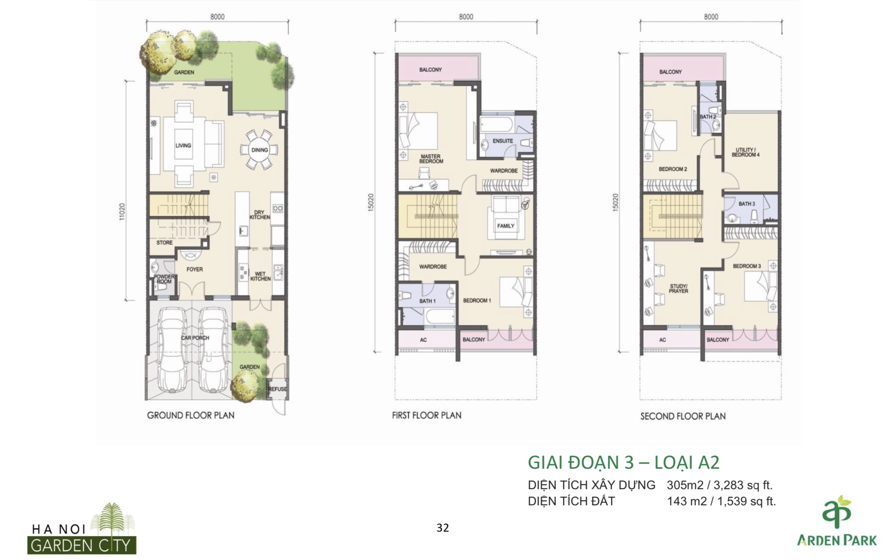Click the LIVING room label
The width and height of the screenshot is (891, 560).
(x=183, y=146)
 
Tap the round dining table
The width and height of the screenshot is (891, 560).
(x=260, y=150)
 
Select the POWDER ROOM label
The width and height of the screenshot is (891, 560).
(x=163, y=279)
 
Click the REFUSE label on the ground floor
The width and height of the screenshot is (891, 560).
(x=278, y=389)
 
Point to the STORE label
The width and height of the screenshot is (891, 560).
(x=164, y=243)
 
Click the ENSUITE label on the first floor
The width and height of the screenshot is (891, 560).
(x=503, y=141)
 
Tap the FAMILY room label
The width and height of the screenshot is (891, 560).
(x=505, y=226)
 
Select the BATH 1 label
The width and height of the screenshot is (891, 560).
(x=428, y=301)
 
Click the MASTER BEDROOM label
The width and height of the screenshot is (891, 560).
(x=431, y=159)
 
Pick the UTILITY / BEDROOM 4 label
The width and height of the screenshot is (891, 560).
(x=745, y=152)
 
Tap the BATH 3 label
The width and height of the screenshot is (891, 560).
(x=747, y=204)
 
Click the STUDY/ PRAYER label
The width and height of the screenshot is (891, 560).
(x=678, y=289)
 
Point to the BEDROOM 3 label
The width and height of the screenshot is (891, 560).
(x=747, y=266)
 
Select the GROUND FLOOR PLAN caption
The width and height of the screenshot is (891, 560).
(x=191, y=415)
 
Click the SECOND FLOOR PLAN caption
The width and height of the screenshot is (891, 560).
(x=683, y=416)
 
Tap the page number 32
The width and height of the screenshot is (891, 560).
(x=443, y=528)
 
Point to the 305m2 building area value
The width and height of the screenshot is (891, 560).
(x=685, y=485)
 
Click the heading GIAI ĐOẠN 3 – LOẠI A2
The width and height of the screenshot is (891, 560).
(x=624, y=463)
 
